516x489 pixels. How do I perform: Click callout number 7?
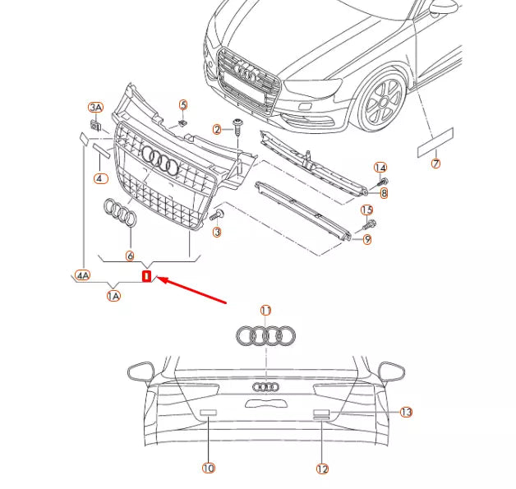[x=435, y=164]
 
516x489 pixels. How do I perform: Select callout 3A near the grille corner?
[x=96, y=108]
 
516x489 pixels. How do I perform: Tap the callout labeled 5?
[x=183, y=105]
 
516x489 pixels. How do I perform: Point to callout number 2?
[x=218, y=130]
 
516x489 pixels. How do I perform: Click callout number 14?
[x=380, y=168]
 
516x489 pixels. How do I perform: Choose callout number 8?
[x=383, y=193]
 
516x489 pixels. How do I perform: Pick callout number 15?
[x=367, y=210]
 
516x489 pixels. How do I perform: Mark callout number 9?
[x=367, y=239]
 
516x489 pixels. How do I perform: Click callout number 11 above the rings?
[x=265, y=311]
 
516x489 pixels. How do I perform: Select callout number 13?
[x=406, y=412]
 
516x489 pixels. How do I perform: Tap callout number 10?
[x=208, y=468]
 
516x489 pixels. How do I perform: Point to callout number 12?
[x=321, y=468]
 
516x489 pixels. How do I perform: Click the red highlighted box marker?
[x=147, y=276]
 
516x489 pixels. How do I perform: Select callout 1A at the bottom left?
[x=113, y=294]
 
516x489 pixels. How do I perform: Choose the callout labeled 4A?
[x=83, y=276]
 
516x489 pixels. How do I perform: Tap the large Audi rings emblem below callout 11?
[x=265, y=335]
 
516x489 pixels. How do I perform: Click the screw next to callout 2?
[x=237, y=126]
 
